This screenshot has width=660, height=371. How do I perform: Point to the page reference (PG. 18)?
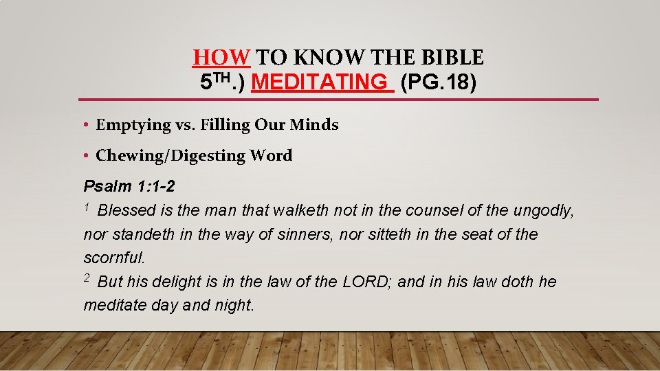(x=438, y=82)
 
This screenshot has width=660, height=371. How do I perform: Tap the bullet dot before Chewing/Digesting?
(x=87, y=156)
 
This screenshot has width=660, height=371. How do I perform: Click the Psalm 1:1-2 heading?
(x=124, y=186)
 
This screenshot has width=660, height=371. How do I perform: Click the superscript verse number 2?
(x=87, y=278)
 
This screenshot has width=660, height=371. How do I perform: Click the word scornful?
(x=114, y=258)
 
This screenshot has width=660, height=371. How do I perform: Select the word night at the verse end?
(x=233, y=305)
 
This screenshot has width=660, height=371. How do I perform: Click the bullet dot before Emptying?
(x=87, y=125)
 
